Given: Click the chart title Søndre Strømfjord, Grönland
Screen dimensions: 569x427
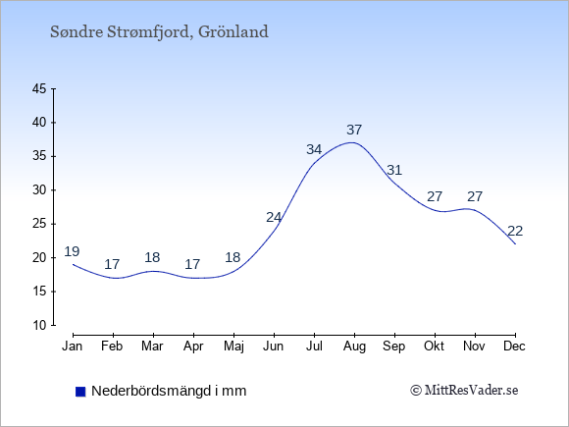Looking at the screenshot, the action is [159, 32].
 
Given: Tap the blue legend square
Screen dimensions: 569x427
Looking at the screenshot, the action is [80, 392].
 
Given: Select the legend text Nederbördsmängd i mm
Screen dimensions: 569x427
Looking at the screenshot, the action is [169, 391].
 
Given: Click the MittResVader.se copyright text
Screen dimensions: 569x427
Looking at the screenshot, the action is [464, 391].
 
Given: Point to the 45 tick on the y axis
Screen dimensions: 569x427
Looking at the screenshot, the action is [39, 88].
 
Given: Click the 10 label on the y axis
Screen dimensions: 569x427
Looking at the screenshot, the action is [39, 325].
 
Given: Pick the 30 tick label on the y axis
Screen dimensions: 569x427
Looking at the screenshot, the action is [39, 189].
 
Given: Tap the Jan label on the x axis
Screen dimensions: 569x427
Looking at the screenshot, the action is [73, 347].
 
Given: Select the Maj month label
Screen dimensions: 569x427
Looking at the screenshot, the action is [233, 347].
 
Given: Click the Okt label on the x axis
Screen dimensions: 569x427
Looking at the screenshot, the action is [434, 347].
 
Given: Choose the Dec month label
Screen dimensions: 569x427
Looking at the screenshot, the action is [514, 347].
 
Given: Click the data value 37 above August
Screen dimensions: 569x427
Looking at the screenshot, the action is [354, 130].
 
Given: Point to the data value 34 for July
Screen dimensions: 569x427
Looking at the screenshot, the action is [314, 149].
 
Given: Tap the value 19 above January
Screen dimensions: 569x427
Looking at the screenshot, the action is [72, 251].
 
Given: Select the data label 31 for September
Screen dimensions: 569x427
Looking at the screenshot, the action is [394, 170].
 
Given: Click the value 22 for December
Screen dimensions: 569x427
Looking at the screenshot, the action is [515, 231].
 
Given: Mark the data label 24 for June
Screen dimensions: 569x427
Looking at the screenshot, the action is [274, 218].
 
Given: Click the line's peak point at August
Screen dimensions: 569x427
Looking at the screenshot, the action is [352, 142].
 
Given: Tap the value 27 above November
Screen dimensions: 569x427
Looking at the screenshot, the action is [475, 196].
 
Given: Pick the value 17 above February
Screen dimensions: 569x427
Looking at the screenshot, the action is [112, 264].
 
